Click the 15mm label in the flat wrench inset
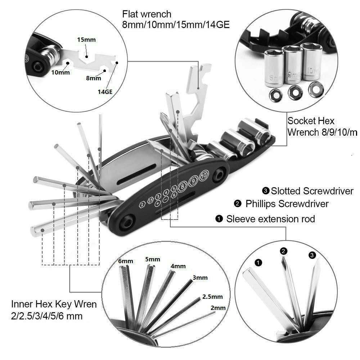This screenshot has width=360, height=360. click(86, 40)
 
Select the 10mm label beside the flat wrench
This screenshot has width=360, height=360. click(60, 72)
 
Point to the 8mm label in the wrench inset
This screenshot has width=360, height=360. click(94, 78)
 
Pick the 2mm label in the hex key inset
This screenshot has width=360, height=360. click(218, 308)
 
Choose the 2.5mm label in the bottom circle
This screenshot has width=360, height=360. click(212, 297)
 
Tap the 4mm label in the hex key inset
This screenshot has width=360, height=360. click(178, 266)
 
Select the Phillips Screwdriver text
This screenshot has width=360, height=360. click(287, 204)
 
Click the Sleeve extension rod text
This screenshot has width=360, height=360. click(270, 219)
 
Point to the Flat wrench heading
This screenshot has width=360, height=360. click(147, 14)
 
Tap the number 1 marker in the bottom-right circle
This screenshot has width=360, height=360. click(258, 262)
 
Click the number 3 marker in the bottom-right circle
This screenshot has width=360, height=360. click(312, 255)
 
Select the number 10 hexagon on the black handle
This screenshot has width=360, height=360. click(204, 176)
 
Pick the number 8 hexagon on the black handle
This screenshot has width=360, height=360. click(183, 186)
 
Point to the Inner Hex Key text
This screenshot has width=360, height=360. click(54, 304)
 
